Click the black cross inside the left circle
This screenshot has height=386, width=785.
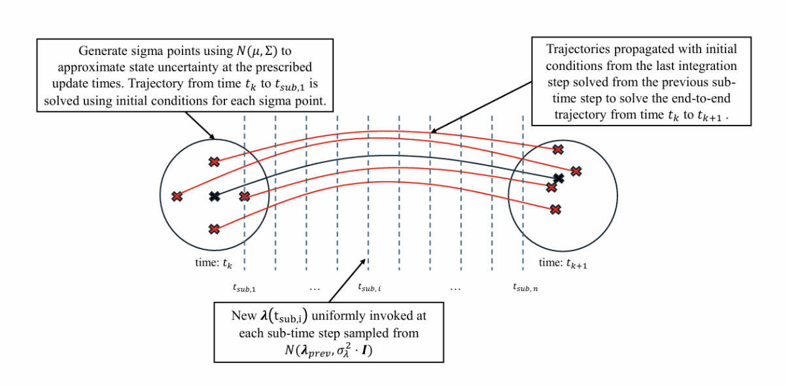click(214, 196)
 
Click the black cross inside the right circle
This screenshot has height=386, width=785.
click(558, 178)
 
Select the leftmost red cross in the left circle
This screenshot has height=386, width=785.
click(177, 196)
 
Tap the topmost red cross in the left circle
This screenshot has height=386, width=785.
click(214, 162)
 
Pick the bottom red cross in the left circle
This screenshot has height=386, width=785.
click(214, 229)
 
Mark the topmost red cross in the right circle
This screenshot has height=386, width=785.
click(557, 150)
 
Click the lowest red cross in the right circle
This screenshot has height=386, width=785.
click(555, 209)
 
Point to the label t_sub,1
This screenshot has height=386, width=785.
click(244, 287)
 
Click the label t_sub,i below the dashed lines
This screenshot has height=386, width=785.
click(370, 287)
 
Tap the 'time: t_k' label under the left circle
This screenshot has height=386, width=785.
click(213, 263)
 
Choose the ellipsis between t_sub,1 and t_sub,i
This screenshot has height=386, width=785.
click(315, 287)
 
